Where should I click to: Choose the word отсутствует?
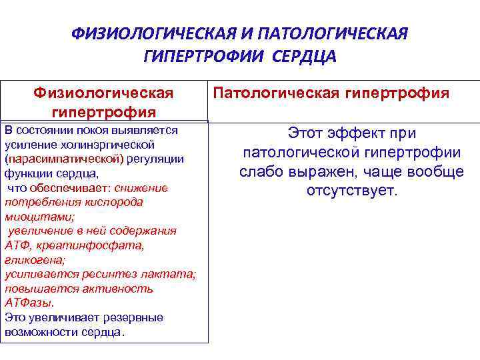point(351,191)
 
